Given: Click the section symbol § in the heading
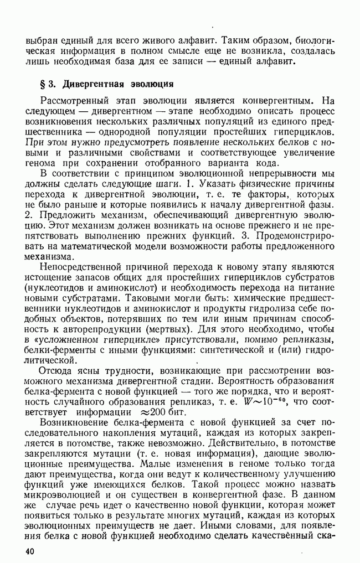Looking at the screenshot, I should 28,84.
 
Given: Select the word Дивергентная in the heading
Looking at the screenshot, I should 89,84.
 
